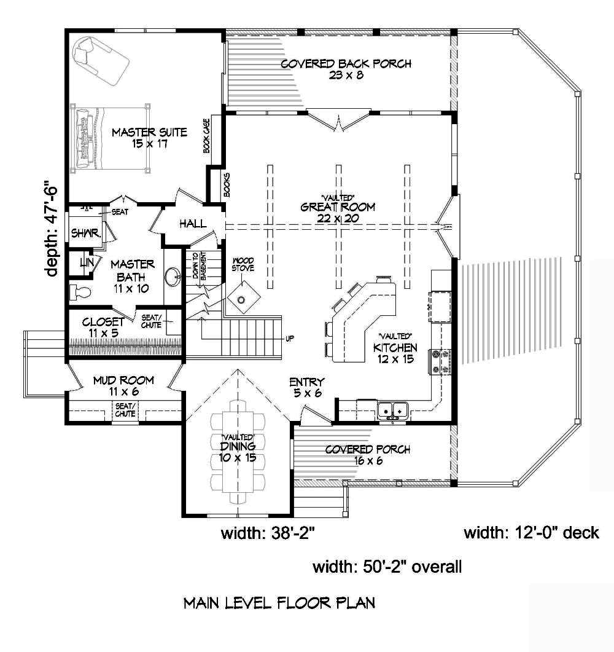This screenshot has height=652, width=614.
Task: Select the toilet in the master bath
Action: point(79,289)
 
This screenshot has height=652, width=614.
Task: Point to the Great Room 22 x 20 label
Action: point(329,212)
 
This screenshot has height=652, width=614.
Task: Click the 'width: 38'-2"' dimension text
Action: point(268,534)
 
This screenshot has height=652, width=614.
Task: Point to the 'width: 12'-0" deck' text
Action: point(531,532)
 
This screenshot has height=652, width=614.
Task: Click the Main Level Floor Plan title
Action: point(279,603)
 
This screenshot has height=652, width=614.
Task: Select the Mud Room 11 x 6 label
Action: point(123,386)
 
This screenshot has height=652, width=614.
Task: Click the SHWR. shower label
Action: point(82,234)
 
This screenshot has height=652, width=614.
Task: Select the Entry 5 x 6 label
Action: point(307,388)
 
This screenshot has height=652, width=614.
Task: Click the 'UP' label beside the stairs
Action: point(290,339)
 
